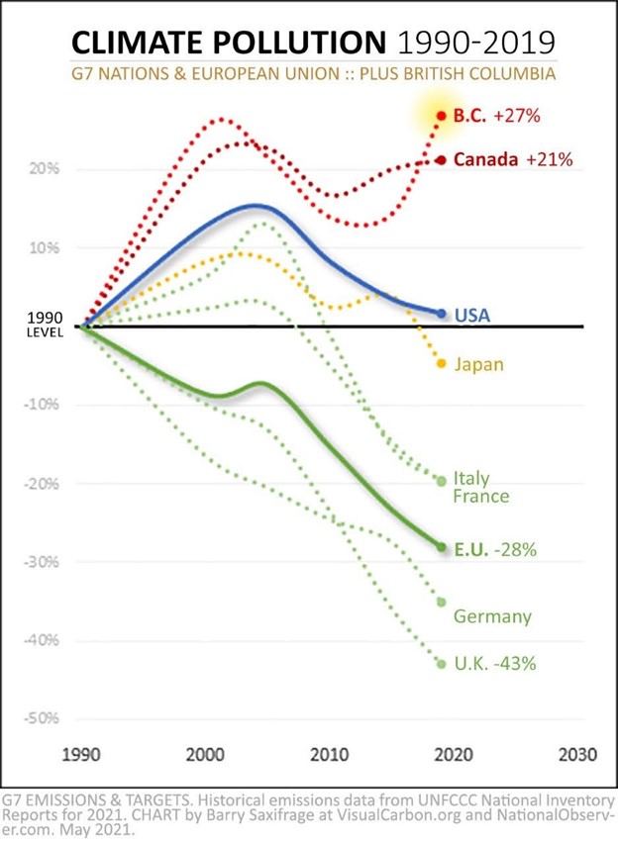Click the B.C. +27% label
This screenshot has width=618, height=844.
coord(495,116)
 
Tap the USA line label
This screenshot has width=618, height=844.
coord(471,316)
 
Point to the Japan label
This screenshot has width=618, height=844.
coord(478,364)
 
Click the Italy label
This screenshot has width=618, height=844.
coord(471,478)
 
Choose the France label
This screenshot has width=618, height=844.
coord(480,496)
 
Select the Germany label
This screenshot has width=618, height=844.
coord(492,616)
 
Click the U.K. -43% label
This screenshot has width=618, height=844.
coord(494,663)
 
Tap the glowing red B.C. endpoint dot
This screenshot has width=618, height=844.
coord(442,116)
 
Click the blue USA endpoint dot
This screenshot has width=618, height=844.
coord(442,314)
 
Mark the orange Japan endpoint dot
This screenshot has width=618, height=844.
coord(442,363)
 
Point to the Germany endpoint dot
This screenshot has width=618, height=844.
coord(442,602)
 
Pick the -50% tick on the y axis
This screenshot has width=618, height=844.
coord(43,718)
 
